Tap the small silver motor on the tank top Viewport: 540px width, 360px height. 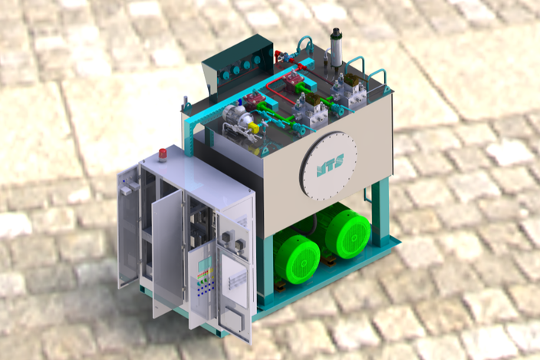(234, 116)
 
